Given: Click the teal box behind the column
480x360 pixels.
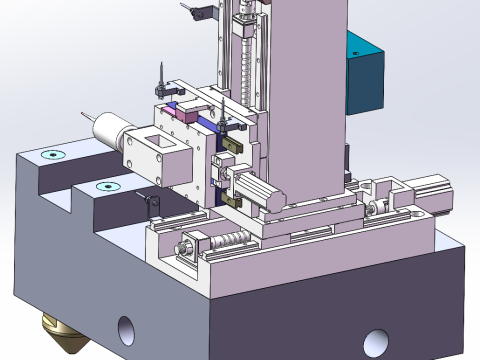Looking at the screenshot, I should click(x=366, y=75).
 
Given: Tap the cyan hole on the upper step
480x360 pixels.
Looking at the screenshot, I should click(x=51, y=155).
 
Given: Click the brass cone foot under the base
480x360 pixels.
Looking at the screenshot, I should click(x=61, y=334).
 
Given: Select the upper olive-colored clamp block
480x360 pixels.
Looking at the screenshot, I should click(x=232, y=146).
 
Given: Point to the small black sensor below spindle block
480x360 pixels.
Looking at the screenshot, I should click(x=151, y=205).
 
